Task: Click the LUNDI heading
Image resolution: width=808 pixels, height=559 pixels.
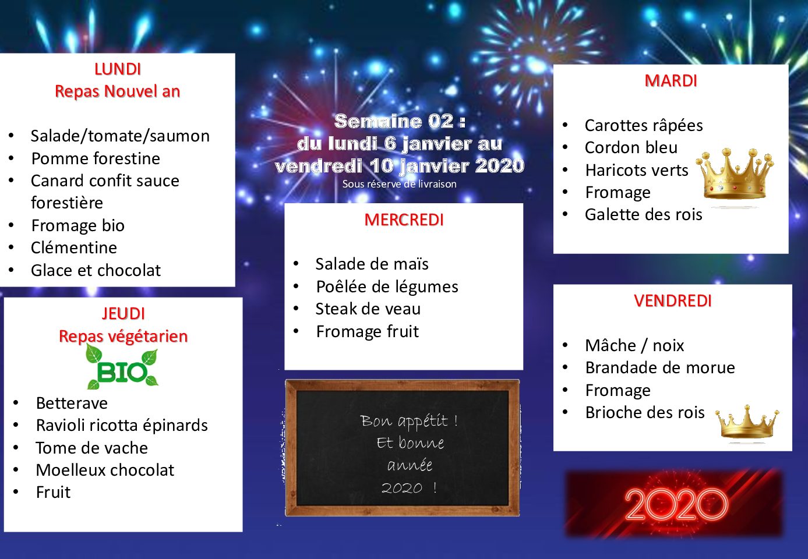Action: point(118,69)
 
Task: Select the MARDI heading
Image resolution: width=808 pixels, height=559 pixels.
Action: point(671,81)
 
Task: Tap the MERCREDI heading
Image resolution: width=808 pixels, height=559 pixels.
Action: point(404,220)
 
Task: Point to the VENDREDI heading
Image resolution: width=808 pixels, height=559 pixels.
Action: point(673,301)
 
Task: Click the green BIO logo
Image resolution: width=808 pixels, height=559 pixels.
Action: point(122,367)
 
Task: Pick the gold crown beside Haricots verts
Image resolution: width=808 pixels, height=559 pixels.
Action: point(735,174)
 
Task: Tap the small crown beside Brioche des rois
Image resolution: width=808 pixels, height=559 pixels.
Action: point(747,423)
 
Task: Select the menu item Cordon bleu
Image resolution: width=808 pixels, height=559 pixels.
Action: point(631,147)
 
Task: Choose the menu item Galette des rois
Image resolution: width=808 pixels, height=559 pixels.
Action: point(644,215)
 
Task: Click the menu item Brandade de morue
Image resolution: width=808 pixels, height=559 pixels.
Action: point(660,368)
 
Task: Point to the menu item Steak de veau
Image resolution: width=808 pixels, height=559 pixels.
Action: point(368,309)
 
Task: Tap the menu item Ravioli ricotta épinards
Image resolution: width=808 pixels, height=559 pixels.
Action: point(122,426)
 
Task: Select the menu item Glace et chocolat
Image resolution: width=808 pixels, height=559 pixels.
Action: point(96,271)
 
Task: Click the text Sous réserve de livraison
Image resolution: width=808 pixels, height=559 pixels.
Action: point(399,184)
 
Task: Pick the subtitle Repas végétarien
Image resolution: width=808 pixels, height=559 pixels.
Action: point(124,336)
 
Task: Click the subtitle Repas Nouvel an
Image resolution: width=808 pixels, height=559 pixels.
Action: point(118,91)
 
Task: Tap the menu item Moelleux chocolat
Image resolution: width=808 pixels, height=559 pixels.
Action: point(105,470)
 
